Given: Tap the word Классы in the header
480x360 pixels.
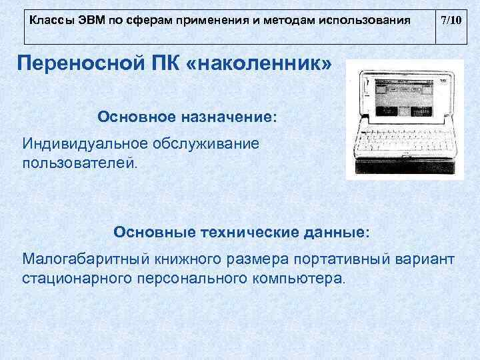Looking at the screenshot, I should (x=49, y=21).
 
